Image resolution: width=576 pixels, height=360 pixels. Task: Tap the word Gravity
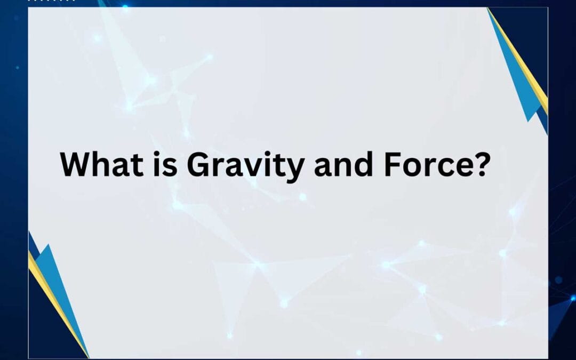[245, 165]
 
